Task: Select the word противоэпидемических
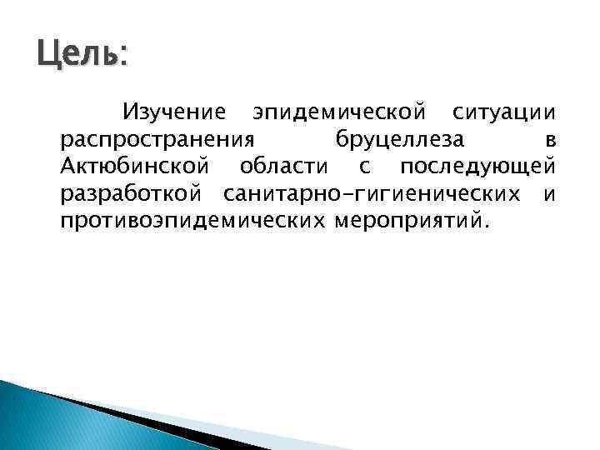(x=192, y=222)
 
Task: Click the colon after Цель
(x=124, y=58)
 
